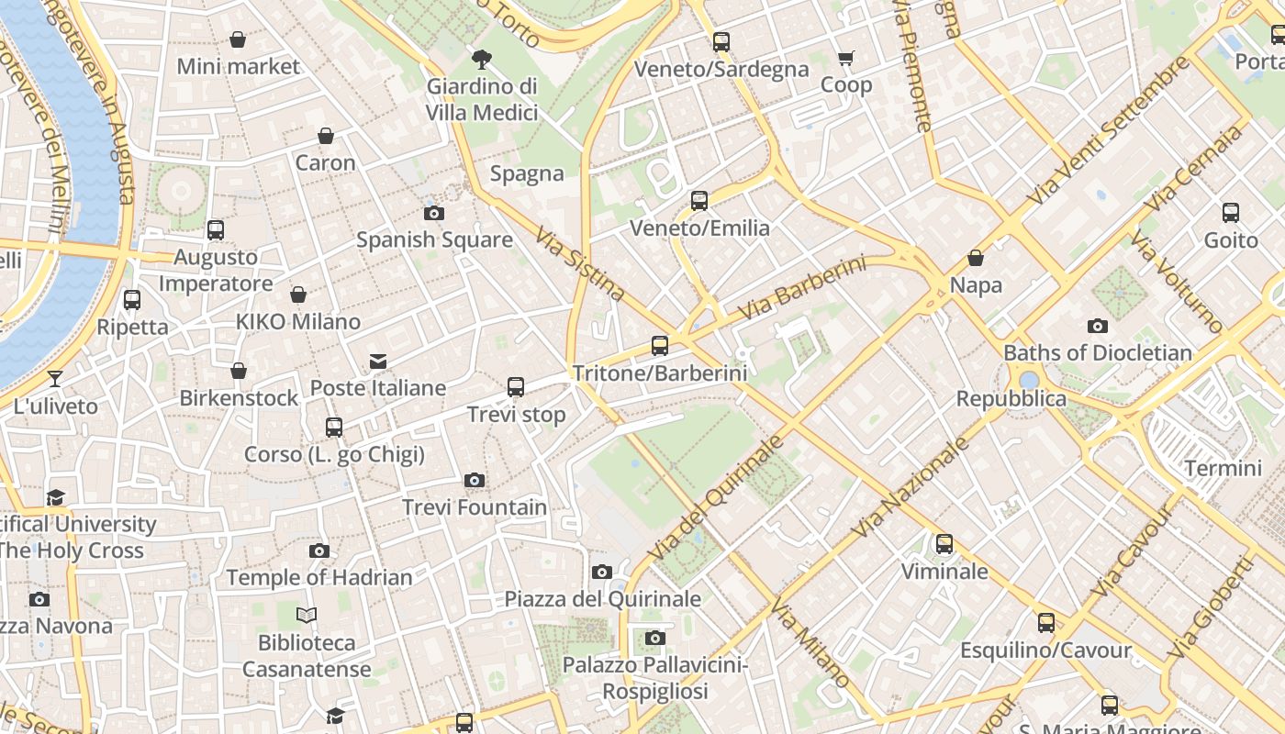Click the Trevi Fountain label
point(474,507)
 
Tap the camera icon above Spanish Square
point(434,213)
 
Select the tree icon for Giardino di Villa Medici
point(481,61)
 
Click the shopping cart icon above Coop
point(845,59)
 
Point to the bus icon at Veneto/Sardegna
point(721,41)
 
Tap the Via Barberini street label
point(801,288)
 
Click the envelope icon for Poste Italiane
point(378,361)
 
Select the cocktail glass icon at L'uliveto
point(55,378)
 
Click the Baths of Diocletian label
point(1098,352)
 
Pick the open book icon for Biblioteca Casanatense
point(307,615)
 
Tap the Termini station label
point(1223,468)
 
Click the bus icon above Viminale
point(944,544)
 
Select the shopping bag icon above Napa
point(976,259)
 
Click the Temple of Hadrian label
point(319,577)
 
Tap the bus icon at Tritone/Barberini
point(660,346)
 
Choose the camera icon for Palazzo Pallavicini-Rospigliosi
point(654,638)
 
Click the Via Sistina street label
point(581,264)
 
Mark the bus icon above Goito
point(1231,213)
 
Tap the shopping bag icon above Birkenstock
point(239,371)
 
